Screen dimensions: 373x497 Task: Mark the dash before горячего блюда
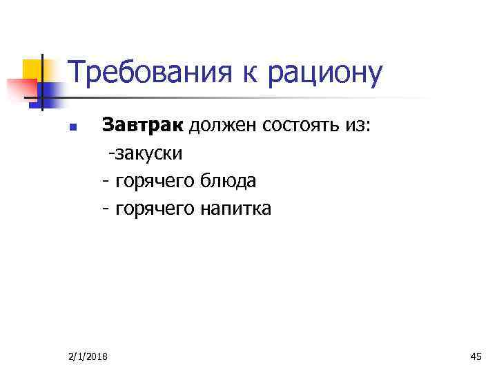(105, 182)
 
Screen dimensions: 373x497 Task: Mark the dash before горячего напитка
(105, 209)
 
